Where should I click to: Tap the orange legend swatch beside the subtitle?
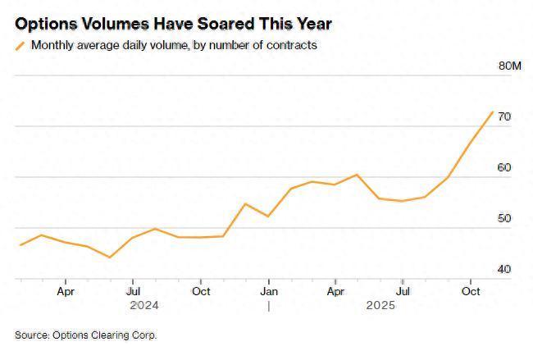(20, 46)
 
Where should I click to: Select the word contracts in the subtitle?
(291, 45)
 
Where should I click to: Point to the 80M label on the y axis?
(509, 66)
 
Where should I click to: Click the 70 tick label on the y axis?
(504, 117)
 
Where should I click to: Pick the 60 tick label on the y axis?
(504, 168)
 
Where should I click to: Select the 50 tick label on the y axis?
(504, 219)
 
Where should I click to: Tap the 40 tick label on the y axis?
(504, 270)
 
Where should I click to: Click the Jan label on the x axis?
(268, 290)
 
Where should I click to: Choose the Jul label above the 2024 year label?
(133, 290)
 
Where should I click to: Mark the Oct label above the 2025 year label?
(471, 290)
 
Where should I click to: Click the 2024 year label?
(145, 306)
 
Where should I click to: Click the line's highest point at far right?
(493, 112)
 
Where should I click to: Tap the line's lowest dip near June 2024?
(110, 257)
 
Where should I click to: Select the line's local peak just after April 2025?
(357, 175)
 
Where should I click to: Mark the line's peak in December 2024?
(245, 203)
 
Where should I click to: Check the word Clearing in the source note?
(112, 335)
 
